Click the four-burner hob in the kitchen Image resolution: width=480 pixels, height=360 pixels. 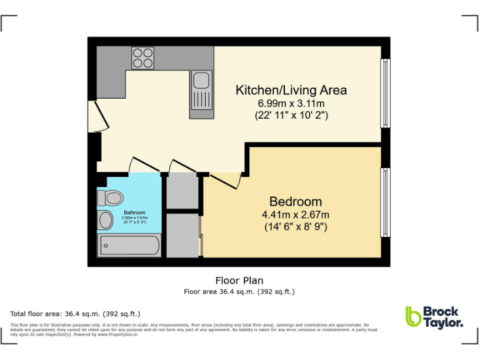point(142,58)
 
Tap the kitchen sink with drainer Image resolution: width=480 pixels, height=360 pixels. point(201,93)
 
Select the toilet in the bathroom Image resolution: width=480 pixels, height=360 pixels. point(110,198)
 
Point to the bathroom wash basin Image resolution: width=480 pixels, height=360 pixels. point(104,220)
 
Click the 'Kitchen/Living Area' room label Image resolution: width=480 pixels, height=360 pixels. point(291,90)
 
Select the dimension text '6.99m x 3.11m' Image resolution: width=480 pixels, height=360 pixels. point(291,103)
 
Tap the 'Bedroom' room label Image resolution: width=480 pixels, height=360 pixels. point(296,201)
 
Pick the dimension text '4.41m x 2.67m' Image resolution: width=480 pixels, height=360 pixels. point(296,214)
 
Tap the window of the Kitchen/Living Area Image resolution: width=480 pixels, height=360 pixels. point(386,93)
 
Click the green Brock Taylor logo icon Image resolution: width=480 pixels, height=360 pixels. point(412,316)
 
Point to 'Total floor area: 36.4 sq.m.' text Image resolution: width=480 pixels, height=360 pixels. point(75,313)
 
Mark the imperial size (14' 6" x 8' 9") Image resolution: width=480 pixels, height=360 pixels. point(296,227)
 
